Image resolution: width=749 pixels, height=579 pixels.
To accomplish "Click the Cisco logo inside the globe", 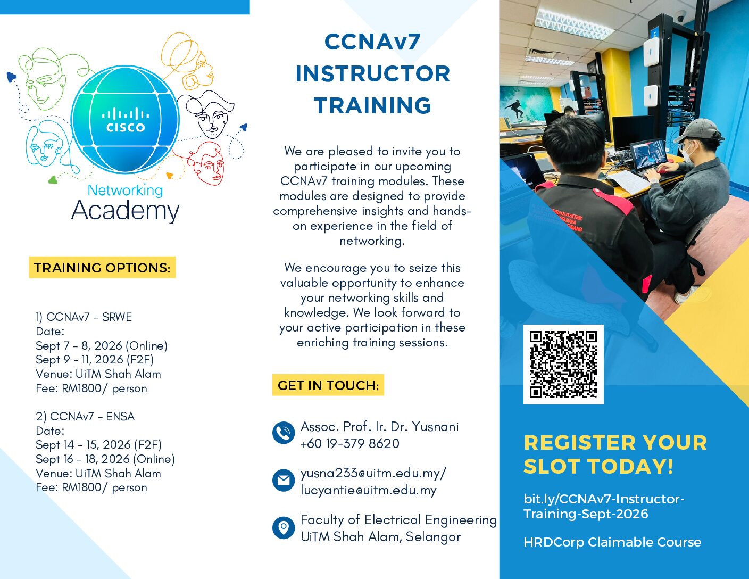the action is (126, 120).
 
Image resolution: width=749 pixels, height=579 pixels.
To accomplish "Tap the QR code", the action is (563, 364).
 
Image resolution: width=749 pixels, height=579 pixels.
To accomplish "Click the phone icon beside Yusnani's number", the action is (284, 433).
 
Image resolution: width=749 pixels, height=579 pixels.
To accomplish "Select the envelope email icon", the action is (284, 480).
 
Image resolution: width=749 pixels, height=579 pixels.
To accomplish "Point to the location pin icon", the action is (284, 527).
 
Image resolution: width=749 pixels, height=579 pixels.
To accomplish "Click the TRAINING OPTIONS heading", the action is (102, 268).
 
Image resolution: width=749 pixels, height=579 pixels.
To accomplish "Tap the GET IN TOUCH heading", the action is (328, 385).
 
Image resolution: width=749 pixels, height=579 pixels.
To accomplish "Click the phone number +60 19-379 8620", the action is (350, 443).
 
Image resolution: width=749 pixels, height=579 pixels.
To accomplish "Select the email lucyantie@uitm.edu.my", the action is (369, 490).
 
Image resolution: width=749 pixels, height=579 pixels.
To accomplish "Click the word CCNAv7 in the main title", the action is (372, 42).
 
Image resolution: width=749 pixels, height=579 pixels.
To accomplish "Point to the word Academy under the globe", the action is (125, 211).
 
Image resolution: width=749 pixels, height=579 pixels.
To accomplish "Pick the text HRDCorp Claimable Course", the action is (612, 542).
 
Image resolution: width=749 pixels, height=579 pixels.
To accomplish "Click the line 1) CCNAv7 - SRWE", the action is (84, 317).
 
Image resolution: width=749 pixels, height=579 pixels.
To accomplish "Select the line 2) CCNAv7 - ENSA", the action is (85, 416).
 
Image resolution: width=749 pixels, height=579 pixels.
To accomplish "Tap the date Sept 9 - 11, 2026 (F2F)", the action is (95, 360).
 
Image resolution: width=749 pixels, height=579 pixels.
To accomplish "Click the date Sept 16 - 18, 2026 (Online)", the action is (105, 459).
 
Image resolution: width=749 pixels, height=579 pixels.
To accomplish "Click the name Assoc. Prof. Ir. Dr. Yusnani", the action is (379, 427).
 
